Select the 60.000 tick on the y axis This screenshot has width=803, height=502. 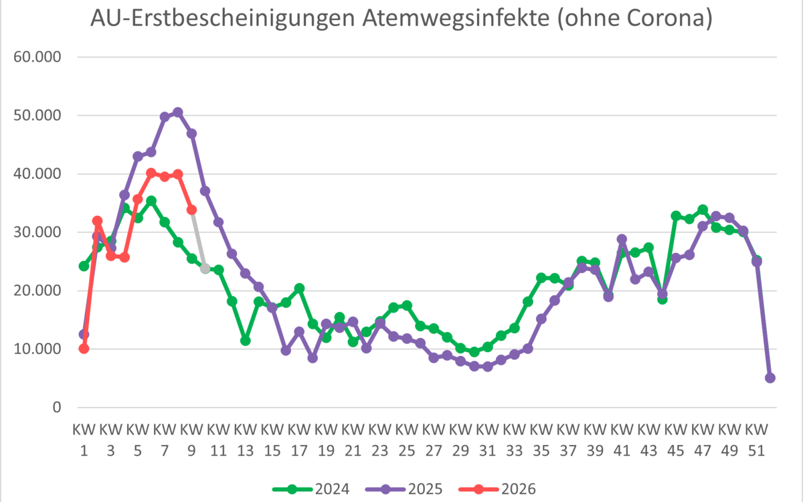[37, 58]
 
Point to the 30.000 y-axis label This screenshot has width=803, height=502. [37, 232]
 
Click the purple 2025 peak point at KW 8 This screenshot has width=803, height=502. [178, 112]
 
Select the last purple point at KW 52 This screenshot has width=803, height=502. [770, 378]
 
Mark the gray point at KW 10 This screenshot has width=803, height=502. [205, 268]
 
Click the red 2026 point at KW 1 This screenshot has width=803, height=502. [84, 348]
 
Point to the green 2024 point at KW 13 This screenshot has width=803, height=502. [246, 341]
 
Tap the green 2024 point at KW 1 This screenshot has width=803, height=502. [84, 266]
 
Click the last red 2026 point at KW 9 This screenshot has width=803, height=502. [191, 210]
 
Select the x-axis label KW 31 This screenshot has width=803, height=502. [488, 436]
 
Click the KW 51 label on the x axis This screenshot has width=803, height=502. [757, 436]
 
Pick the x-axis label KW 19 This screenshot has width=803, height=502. [326, 436]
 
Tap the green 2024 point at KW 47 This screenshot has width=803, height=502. [703, 210]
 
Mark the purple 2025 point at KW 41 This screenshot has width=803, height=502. [622, 239]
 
